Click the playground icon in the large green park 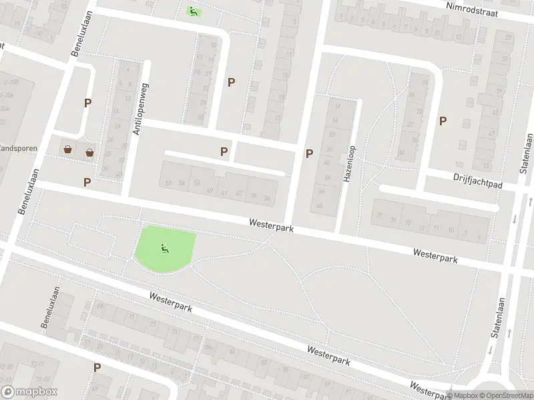coord(164,249)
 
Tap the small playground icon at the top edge coord(193,11)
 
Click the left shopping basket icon coord(68,149)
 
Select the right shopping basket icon coord(89,153)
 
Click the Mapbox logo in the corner coord(29,392)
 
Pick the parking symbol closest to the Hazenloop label coord(309,153)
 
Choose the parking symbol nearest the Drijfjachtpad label coord(443,121)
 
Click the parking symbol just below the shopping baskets coord(87,182)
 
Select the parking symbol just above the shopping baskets coord(87,103)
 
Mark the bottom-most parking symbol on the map coord(97,367)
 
